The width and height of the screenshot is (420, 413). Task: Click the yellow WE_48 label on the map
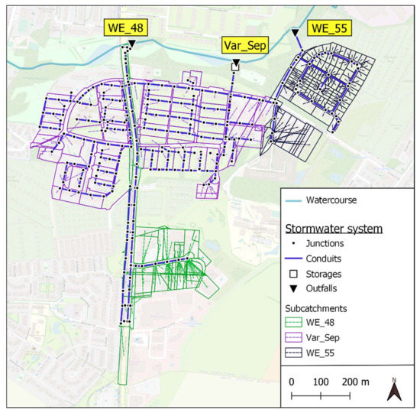126,29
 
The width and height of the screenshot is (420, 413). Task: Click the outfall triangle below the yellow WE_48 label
131,45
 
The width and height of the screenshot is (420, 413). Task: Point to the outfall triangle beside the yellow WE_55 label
296,32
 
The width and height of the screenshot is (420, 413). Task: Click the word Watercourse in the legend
331,201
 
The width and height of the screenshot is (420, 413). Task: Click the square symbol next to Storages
293,274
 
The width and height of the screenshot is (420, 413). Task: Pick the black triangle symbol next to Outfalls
293,288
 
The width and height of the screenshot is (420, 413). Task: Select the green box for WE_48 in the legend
294,324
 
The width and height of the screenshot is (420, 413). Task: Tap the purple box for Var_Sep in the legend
294,338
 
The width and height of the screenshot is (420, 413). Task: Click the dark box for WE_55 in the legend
294,353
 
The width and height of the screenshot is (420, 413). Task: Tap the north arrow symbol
394,391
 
